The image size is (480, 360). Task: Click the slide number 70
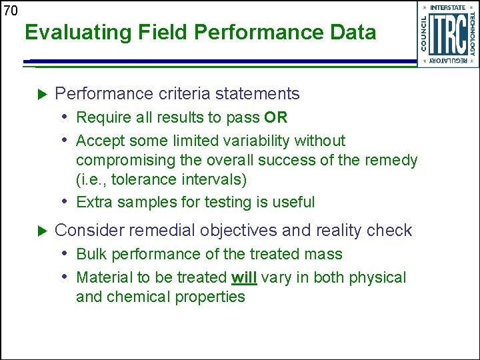coord(10,11)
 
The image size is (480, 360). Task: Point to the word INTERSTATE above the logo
coord(448,8)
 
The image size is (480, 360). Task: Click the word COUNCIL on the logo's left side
coord(424,34)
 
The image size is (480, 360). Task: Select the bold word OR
coord(275,118)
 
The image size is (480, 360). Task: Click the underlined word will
coord(244,277)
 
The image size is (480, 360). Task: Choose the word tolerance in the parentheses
coord(138,179)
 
